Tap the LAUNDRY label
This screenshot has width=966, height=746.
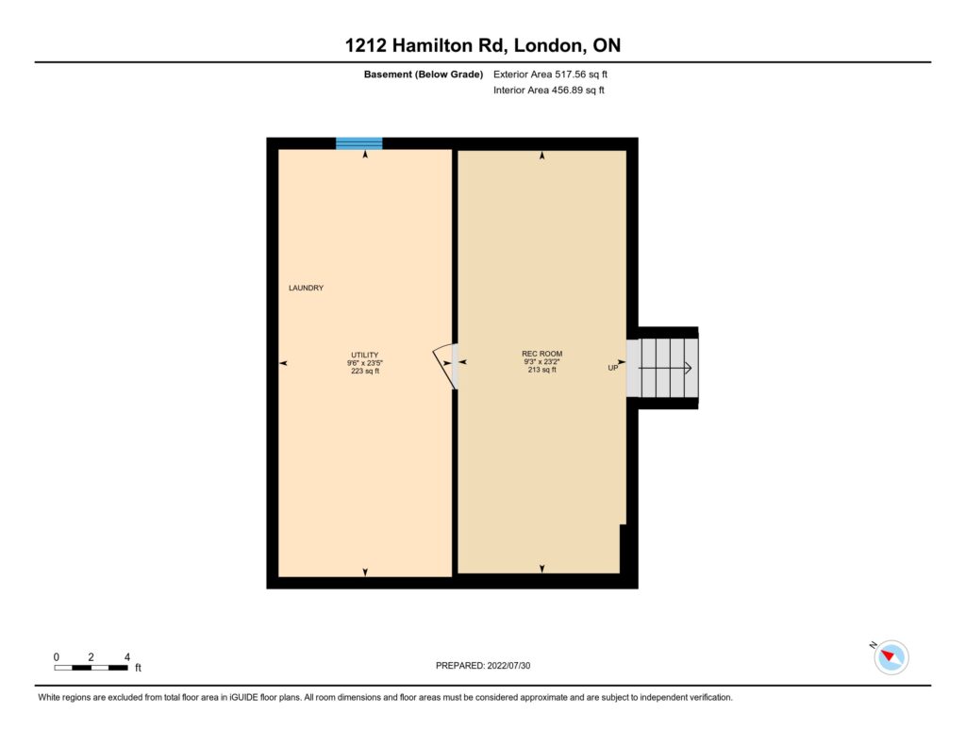tap(307, 288)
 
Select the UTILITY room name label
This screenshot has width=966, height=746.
tap(365, 355)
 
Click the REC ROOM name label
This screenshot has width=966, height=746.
tap(542, 354)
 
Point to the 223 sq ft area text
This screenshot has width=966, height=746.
tap(365, 371)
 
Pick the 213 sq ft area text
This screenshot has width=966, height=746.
tap(542, 370)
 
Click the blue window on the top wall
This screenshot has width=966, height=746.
tap(359, 143)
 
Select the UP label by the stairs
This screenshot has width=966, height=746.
tap(613, 368)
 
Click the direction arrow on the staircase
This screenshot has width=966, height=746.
tap(664, 369)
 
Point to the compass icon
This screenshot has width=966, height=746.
tap(891, 657)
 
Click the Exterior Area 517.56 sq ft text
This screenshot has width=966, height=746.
tap(550, 75)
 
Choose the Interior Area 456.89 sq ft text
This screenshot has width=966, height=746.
tap(549, 90)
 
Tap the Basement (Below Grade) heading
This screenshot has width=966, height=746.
tap(424, 75)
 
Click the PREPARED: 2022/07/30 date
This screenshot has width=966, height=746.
tap(483, 665)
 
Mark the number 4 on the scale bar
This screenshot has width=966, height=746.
tap(127, 657)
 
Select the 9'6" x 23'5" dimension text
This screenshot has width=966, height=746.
tap(365, 363)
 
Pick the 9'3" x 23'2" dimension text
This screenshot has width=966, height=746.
tap(542, 361)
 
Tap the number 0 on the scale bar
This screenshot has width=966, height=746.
tap(56, 657)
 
